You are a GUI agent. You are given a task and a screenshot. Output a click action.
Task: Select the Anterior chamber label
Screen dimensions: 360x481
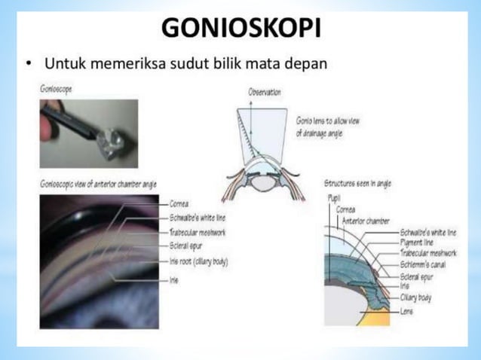(366, 221)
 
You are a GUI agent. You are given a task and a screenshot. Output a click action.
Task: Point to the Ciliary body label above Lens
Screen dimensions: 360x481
(415, 298)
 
